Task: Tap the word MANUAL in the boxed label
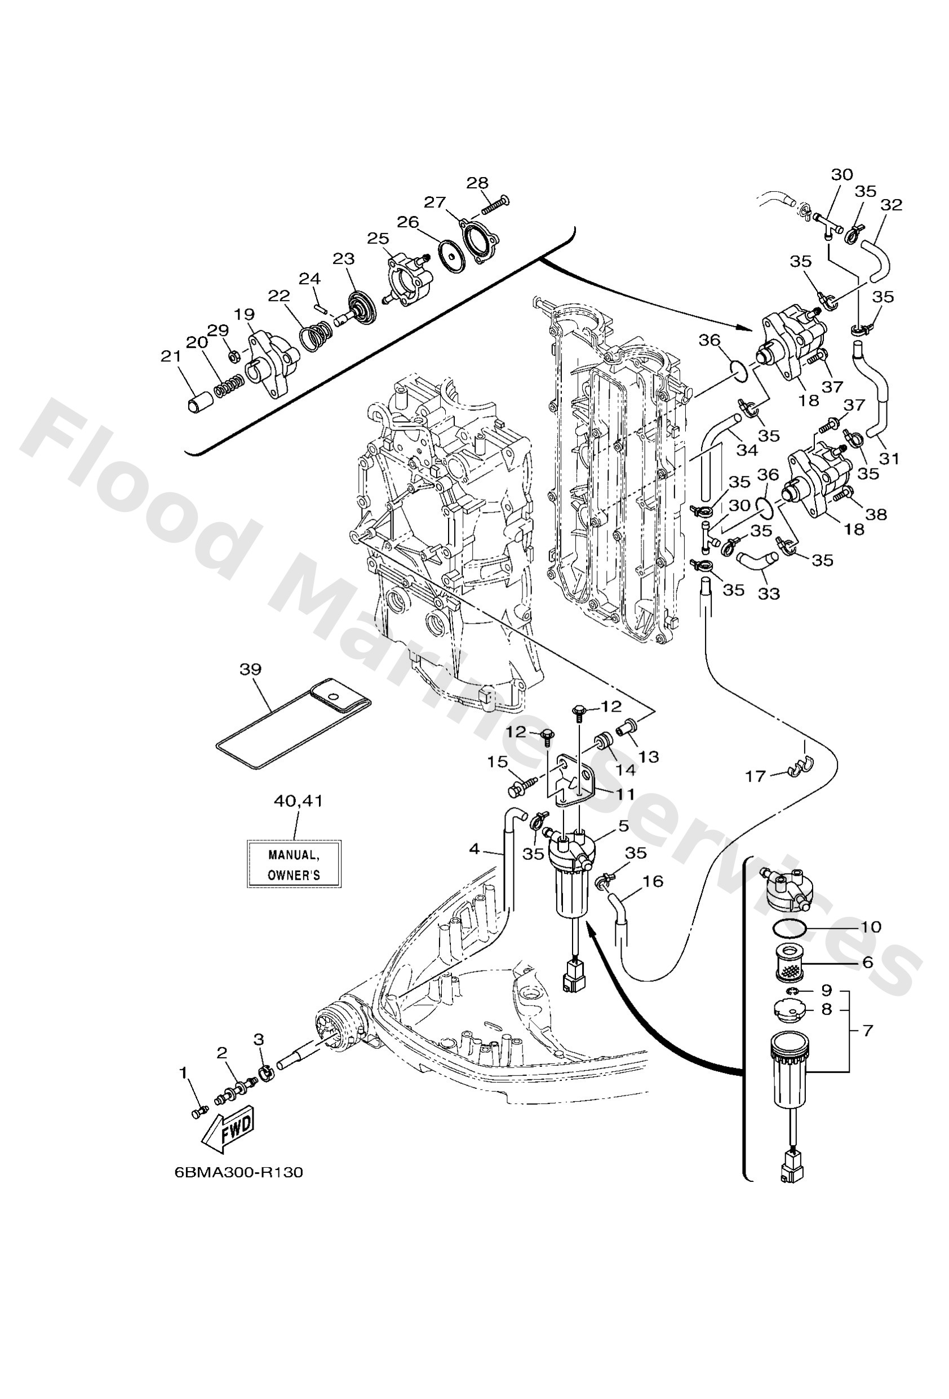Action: [293, 855]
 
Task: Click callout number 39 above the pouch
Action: [250, 669]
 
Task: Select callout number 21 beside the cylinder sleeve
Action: [171, 356]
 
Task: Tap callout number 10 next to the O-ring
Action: [871, 926]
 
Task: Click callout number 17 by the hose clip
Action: [756, 776]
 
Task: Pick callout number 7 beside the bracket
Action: [867, 1031]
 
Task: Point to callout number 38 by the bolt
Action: [876, 515]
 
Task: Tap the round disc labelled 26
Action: [449, 250]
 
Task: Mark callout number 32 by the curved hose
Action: [892, 205]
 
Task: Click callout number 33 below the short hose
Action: [769, 594]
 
